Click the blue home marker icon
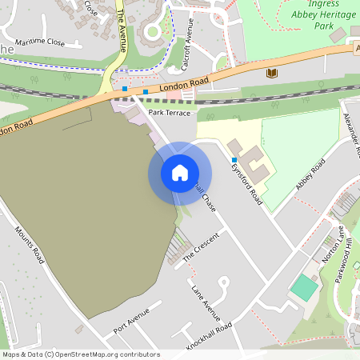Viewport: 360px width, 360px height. click(x=180, y=173)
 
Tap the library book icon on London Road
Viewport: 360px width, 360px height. click(x=271, y=74)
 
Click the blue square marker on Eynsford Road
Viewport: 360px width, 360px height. click(x=234, y=160)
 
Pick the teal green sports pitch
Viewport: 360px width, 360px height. click(x=304, y=288)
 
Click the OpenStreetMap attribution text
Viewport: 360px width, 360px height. click(x=80, y=354)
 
